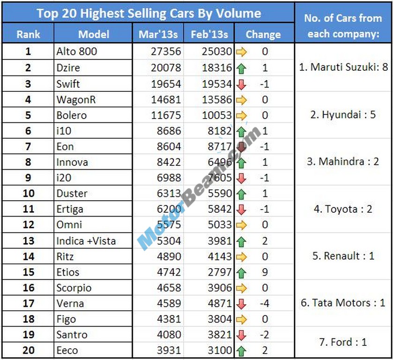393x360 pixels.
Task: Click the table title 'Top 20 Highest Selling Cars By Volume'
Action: [148, 13]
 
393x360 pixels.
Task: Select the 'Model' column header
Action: [93, 34]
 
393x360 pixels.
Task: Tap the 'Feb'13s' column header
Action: [209, 34]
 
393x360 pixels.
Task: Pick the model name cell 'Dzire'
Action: [68, 67]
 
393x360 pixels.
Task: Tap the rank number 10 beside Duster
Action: [28, 194]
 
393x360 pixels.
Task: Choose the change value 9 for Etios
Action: [265, 272]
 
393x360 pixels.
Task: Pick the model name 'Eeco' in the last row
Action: [67, 351]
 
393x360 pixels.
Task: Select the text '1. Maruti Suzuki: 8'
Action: [343, 67]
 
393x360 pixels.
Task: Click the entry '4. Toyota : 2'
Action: [343, 209]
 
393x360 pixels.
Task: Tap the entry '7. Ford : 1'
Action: [343, 342]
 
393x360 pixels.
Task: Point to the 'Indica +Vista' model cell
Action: [86, 241]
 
